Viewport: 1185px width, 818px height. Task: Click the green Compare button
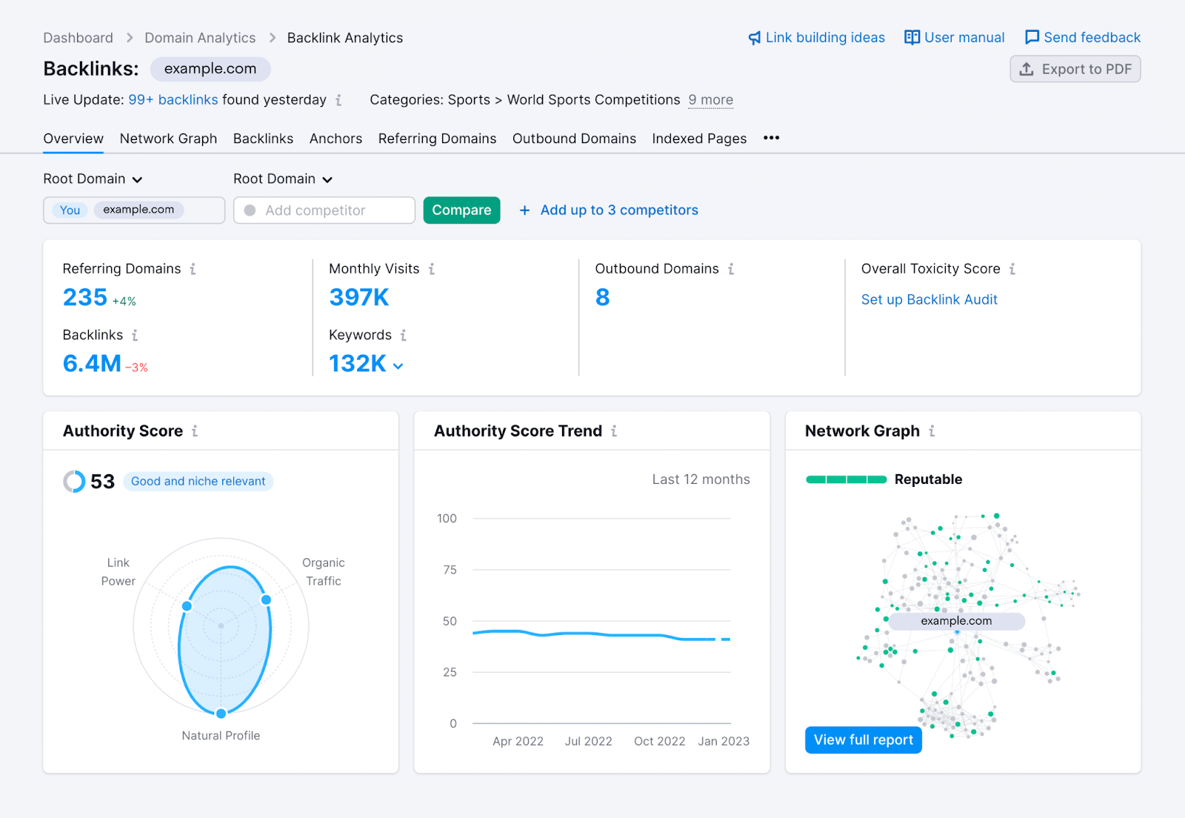click(461, 210)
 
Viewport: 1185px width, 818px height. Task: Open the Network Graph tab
click(168, 139)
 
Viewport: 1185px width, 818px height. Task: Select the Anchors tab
click(336, 139)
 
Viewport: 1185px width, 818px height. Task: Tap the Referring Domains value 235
click(85, 297)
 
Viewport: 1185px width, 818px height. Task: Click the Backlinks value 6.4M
click(92, 364)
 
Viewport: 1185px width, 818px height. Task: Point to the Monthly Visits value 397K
click(359, 297)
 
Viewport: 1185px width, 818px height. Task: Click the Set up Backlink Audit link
click(929, 299)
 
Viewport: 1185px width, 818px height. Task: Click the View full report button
click(863, 739)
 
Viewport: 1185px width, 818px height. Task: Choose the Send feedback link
click(1083, 38)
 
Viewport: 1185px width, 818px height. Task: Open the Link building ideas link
click(817, 38)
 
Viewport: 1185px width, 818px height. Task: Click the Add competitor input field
click(324, 210)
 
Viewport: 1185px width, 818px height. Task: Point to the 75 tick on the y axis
click(450, 570)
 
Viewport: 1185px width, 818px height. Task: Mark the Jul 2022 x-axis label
click(588, 741)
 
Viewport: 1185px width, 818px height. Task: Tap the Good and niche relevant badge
click(198, 482)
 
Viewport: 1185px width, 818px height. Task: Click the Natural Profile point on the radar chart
click(221, 714)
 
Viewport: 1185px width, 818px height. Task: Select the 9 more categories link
click(710, 100)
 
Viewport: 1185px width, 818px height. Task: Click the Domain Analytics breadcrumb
click(200, 38)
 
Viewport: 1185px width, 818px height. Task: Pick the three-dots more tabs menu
click(771, 138)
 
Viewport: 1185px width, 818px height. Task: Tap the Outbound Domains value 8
click(602, 297)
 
